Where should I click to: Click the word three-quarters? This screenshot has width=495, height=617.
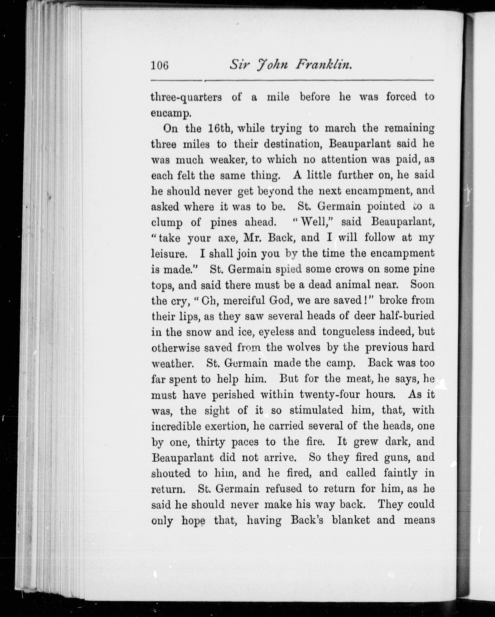pos(186,97)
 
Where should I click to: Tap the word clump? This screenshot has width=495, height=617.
pos(167,223)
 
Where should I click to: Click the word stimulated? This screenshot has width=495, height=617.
pos(316,410)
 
